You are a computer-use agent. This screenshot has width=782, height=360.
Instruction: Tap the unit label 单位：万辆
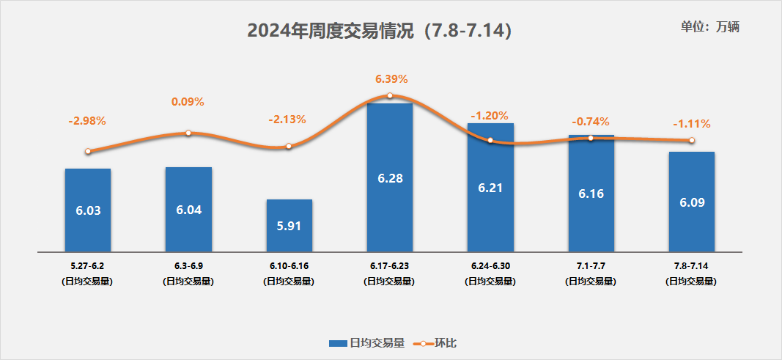710,26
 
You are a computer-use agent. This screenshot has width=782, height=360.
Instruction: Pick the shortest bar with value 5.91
289,226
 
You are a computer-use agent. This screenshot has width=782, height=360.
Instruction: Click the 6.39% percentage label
391,79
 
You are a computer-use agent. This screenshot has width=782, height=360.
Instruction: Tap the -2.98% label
88,120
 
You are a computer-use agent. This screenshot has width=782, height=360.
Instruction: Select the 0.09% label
188,102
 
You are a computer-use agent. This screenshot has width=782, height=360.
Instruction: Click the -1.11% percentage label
691,124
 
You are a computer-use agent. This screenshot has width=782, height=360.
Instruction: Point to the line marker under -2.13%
289,146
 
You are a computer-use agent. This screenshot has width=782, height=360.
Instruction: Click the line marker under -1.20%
490,140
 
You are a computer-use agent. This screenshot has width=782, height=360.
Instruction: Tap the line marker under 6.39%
389,95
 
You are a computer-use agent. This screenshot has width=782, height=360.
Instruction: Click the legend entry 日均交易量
366,342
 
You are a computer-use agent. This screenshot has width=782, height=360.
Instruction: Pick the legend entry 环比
438,342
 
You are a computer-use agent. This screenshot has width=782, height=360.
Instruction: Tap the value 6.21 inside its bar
490,188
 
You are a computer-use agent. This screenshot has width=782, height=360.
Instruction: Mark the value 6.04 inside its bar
188,210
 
